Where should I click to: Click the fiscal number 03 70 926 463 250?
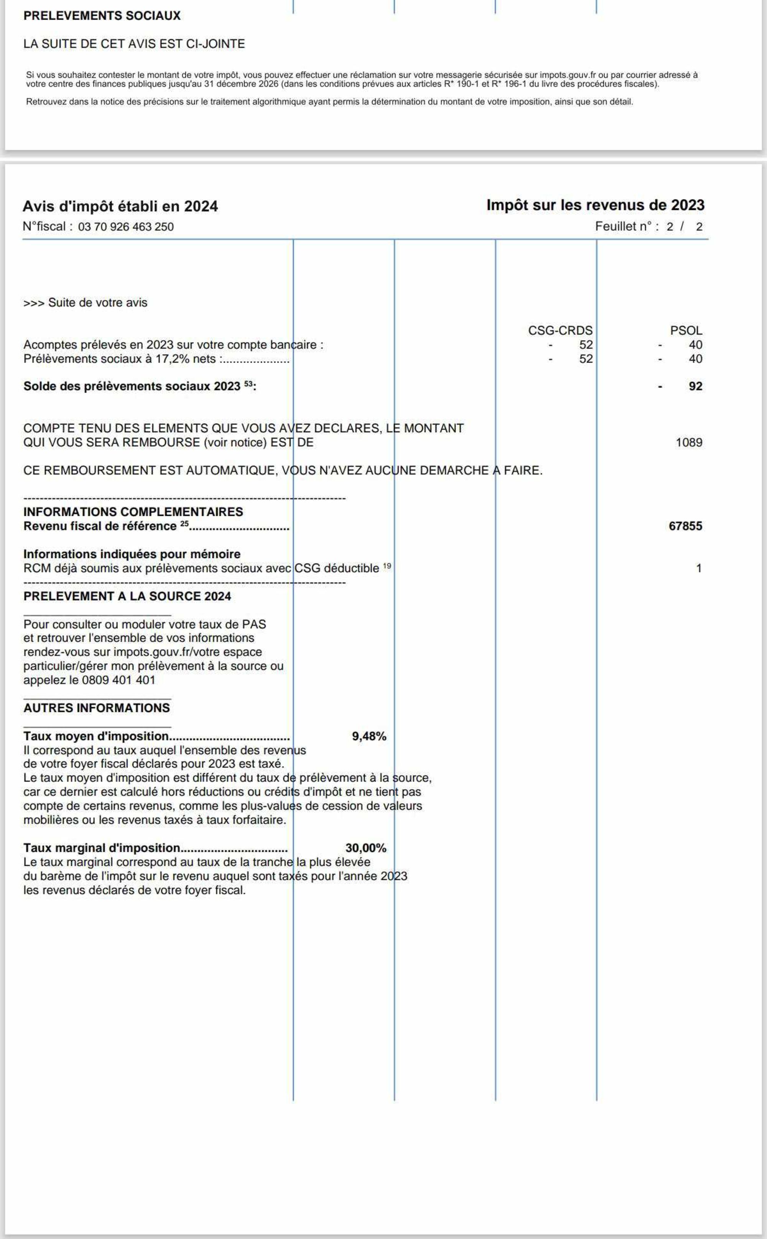[x=126, y=226]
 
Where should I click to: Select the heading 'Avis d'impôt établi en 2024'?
[x=120, y=206]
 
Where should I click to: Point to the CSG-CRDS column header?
[x=560, y=330]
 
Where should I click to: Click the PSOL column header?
[x=686, y=330]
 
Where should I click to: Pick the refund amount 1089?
[x=689, y=443]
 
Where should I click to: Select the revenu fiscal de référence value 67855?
[x=685, y=526]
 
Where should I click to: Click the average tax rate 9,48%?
[x=369, y=736]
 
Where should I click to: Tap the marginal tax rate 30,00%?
[x=366, y=848]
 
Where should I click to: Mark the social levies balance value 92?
[x=695, y=386]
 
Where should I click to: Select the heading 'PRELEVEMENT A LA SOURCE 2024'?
[x=127, y=596]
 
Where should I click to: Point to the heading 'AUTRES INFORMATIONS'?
[x=96, y=708]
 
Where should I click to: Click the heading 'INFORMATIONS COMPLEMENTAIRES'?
[x=133, y=512]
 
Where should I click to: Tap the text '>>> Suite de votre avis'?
[x=85, y=303]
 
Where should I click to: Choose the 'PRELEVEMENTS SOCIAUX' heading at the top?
[x=102, y=16]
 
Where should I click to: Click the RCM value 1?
[x=698, y=568]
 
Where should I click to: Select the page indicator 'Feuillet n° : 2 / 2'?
[x=649, y=226]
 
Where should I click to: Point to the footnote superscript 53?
[x=248, y=384]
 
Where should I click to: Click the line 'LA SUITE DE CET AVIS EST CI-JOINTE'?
[x=134, y=44]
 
